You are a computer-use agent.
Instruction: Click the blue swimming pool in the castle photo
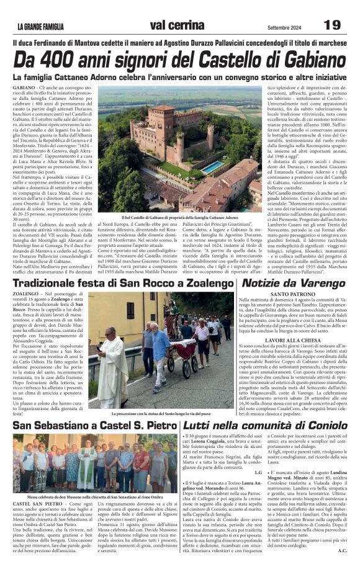coord(214,168)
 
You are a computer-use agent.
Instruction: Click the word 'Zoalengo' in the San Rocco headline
coord(205,283)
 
